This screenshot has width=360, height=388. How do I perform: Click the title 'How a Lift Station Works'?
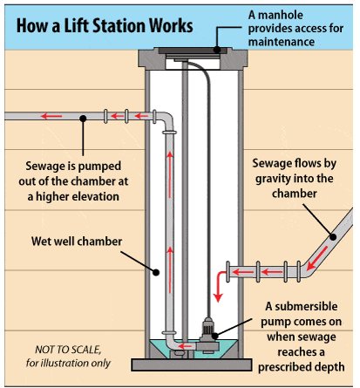105,26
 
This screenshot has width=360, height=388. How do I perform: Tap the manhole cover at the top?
193,51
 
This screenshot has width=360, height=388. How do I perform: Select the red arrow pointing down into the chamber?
220,286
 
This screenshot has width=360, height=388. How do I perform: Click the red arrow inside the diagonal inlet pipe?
317,258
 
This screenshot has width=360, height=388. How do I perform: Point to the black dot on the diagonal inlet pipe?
333,237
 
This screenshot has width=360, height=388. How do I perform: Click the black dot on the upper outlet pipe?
83,119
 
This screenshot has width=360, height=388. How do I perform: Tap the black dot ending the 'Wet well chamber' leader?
156,272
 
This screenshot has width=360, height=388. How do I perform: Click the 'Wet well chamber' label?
77,242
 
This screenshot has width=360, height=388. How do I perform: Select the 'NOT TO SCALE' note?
68,357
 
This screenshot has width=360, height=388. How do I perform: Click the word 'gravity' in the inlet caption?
274,179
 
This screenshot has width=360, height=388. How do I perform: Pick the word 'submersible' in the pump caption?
306,306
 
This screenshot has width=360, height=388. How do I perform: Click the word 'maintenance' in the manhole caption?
282,42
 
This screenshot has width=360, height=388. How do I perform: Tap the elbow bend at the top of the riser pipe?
166,119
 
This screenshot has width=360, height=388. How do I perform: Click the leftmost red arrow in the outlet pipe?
51,116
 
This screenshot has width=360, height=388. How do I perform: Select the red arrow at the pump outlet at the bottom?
185,346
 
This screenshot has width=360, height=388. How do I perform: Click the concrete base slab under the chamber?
192,364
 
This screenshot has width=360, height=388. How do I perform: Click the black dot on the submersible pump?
214,336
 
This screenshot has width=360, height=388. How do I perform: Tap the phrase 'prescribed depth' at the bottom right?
302,367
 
